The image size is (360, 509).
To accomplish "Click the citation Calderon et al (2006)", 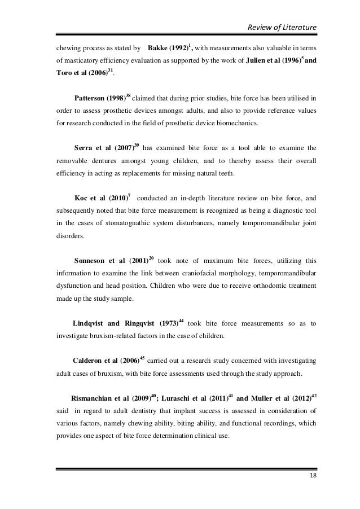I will pos(106,361).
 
